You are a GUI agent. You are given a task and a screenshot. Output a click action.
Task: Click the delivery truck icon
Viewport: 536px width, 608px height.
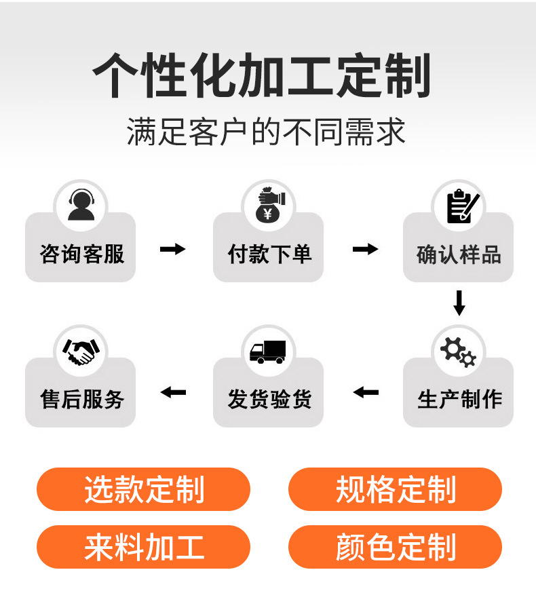coord(268,351)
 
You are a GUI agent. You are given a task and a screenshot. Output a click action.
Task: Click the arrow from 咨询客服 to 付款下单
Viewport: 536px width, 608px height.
coord(172,249)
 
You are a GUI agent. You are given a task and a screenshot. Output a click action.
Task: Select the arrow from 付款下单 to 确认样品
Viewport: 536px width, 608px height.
coord(365,249)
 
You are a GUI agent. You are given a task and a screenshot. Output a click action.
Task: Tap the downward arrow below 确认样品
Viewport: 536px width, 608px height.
coord(459,303)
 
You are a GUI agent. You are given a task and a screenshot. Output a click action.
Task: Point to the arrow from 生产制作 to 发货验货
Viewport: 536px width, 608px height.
coord(366,392)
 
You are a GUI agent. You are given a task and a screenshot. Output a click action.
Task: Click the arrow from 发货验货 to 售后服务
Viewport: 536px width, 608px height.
coord(173,392)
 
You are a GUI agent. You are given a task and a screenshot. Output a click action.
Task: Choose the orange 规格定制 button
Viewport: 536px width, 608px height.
coord(395,489)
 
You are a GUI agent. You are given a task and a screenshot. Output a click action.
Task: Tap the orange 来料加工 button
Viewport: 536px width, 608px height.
coord(143,547)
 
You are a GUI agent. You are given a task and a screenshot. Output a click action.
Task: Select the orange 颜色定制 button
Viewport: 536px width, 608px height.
coord(395,547)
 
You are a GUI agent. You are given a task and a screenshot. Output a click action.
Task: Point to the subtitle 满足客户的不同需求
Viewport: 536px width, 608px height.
coord(266,131)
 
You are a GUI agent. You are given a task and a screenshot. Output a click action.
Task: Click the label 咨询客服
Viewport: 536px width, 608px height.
coord(81,254)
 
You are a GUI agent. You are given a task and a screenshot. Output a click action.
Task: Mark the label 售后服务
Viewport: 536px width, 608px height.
coord(82,399)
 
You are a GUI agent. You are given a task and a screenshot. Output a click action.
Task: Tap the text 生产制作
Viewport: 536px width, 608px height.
coord(459,399)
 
